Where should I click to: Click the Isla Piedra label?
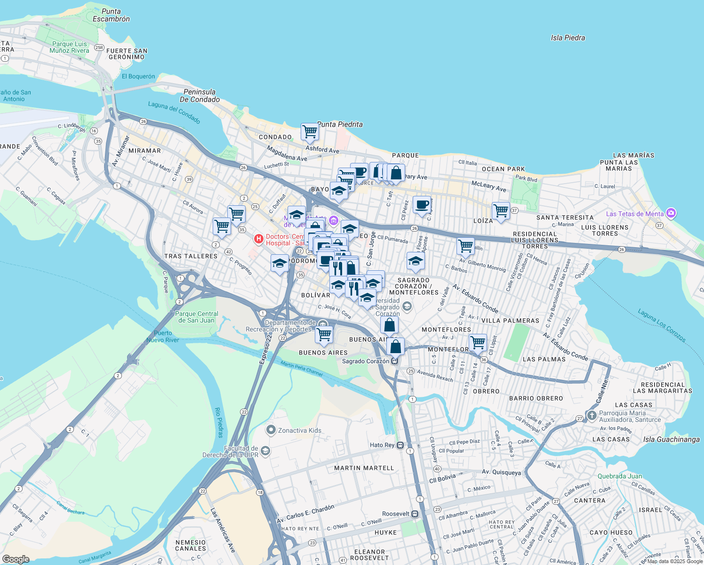(x=568, y=38)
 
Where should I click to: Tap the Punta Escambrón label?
(x=111, y=15)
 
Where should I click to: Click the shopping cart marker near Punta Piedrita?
(x=310, y=132)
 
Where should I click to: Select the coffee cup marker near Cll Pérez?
(x=422, y=205)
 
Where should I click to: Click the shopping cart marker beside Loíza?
(x=501, y=210)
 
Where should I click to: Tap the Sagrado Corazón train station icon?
(x=394, y=361)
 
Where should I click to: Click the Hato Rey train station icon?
(x=400, y=445)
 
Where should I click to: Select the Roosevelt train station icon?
(x=415, y=514)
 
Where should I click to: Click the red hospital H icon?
(x=258, y=239)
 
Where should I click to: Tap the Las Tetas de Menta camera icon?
(x=671, y=213)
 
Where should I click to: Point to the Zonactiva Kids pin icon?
(x=271, y=430)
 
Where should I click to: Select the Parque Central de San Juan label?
(x=197, y=317)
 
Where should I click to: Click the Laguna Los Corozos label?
(x=662, y=325)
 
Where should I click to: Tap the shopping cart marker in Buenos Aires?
(x=324, y=334)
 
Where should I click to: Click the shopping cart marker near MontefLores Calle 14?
(x=478, y=342)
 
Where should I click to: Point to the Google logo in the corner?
(x=16, y=559)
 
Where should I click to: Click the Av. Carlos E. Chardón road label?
(x=305, y=514)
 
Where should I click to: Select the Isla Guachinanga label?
(x=671, y=439)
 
